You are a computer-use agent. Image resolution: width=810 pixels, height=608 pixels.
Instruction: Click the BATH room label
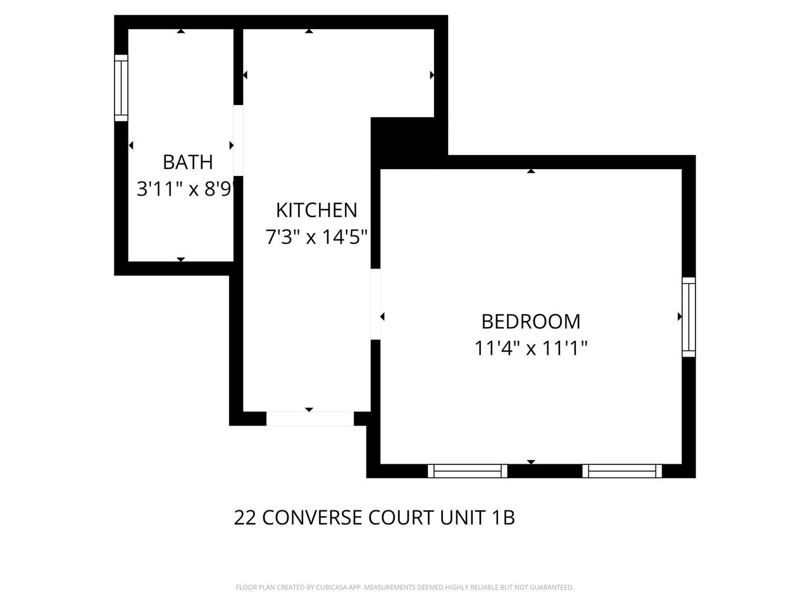click(187, 162)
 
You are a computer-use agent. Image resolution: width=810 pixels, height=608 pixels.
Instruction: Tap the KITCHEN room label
click(316, 210)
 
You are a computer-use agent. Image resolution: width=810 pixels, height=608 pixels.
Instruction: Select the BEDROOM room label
click(530, 321)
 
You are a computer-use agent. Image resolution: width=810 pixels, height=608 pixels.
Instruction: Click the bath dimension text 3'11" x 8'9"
click(186, 189)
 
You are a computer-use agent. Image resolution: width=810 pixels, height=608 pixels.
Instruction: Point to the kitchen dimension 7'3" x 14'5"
click(316, 237)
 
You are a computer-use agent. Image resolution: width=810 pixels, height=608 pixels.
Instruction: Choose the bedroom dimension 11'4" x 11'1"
click(531, 348)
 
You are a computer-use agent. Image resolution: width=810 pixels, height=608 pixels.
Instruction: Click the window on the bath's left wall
click(121, 88)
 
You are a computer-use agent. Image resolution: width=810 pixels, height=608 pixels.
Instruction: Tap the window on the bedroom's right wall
click(688, 317)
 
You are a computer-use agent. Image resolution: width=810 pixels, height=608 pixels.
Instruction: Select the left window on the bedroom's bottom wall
click(468, 471)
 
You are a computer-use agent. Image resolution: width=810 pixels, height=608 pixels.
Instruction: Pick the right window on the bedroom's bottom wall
click(622, 471)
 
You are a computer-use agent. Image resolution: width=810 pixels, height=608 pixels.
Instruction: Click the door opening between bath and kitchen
click(239, 140)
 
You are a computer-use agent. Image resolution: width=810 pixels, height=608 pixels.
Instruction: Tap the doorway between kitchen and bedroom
click(375, 305)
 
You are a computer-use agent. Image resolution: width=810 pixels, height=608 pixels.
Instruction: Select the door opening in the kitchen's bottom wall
click(309, 419)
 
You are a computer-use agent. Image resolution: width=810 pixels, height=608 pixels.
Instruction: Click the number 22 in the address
click(245, 518)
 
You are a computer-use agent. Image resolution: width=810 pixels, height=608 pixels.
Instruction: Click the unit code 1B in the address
click(503, 518)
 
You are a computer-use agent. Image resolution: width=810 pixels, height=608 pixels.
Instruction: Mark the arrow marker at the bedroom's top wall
click(531, 171)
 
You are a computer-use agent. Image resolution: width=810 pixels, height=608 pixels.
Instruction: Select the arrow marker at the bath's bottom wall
click(181, 259)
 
